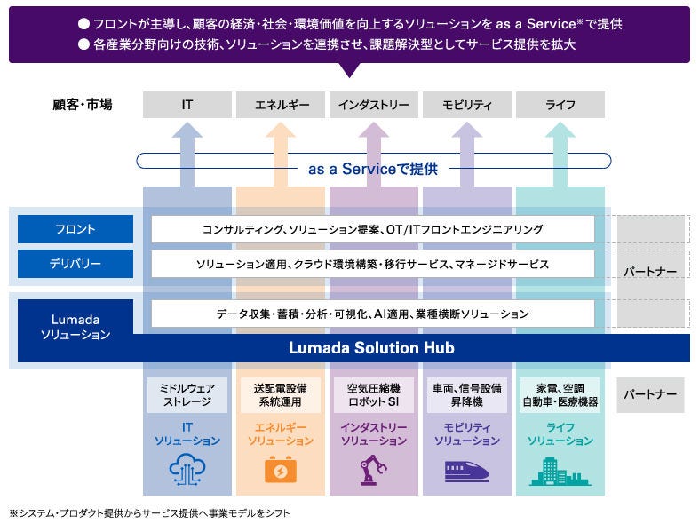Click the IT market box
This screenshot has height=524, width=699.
click(x=187, y=105)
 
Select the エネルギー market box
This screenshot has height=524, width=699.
click(x=280, y=105)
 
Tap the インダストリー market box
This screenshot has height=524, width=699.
click(x=373, y=105)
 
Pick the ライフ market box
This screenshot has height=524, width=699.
click(x=560, y=105)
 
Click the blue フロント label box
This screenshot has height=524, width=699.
click(x=75, y=229)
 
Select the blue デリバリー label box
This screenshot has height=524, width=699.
click(x=75, y=264)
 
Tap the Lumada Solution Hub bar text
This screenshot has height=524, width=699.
click(x=371, y=348)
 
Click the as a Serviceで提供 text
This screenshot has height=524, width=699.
click(x=373, y=169)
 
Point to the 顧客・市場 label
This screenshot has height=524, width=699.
click(x=83, y=105)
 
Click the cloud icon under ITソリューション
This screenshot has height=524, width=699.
click(x=187, y=470)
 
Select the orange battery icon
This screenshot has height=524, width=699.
click(x=280, y=470)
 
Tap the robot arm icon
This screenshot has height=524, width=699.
click(x=373, y=470)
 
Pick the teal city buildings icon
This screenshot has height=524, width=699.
click(x=560, y=472)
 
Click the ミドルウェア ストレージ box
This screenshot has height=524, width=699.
click(x=187, y=394)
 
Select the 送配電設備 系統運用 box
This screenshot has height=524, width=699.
click(x=280, y=394)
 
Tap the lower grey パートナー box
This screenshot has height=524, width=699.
click(x=650, y=394)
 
